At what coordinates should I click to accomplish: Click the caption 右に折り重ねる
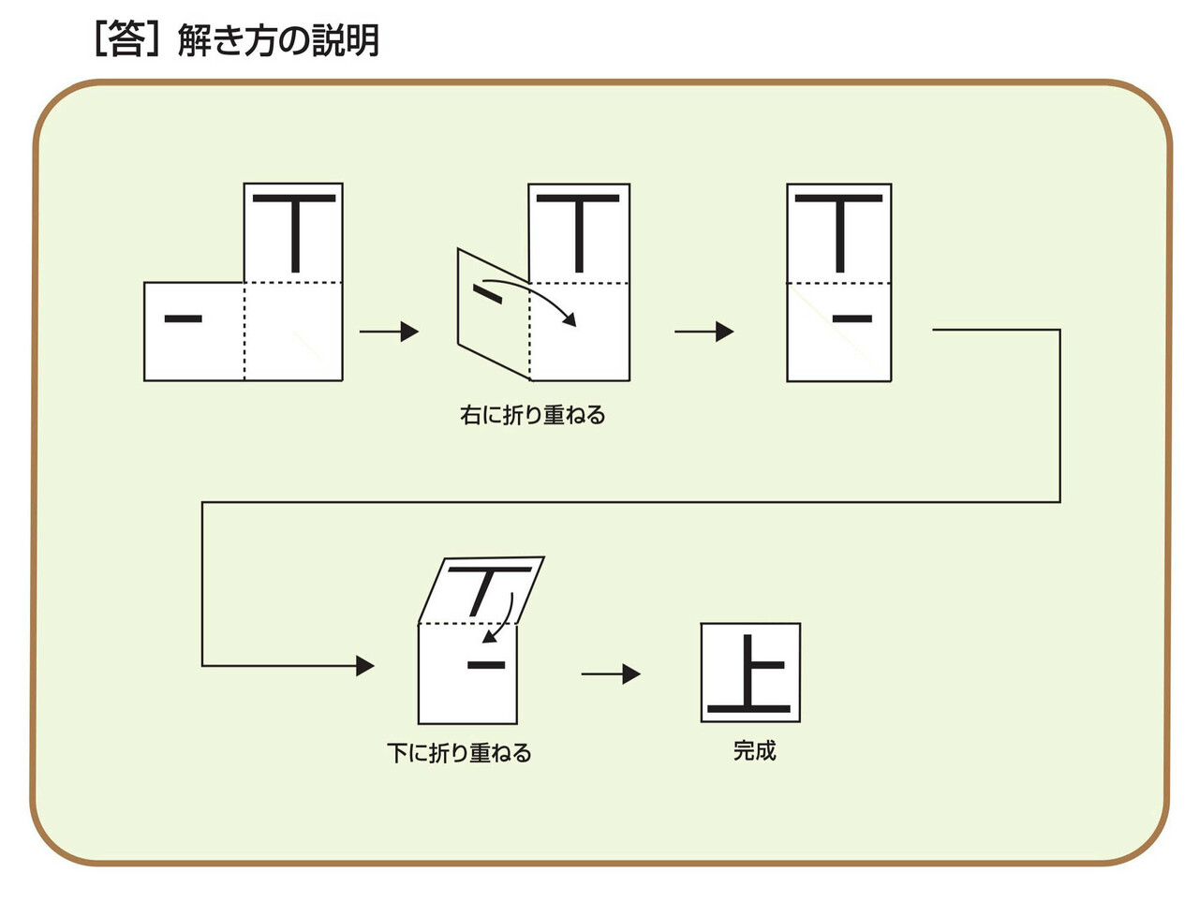[x=532, y=415]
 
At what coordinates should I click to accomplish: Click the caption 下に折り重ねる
[x=459, y=753]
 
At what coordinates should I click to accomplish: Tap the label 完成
[x=754, y=750]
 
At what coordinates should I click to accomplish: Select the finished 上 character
[x=750, y=673]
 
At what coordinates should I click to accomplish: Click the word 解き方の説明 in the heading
[x=278, y=41]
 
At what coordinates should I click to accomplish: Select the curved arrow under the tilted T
[x=502, y=619]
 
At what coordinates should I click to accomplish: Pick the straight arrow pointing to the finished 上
[x=611, y=673]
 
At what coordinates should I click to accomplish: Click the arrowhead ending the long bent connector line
[x=365, y=666]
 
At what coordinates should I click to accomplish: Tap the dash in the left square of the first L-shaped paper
[x=184, y=319]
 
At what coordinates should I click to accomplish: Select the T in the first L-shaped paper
[x=294, y=230]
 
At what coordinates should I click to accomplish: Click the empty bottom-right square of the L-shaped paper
[x=293, y=332]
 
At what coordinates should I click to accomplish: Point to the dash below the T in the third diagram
[x=851, y=319]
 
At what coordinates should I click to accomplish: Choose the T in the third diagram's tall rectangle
[x=839, y=230]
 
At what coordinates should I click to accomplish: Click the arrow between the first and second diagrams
[x=389, y=331]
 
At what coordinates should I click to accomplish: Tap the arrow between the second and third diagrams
[x=703, y=331]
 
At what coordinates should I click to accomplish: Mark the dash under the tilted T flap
[x=486, y=666]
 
